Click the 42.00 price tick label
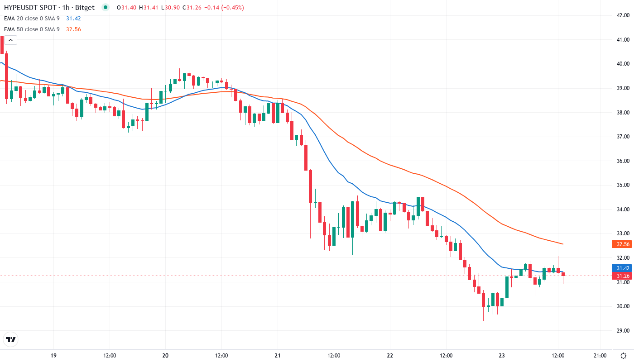click(621, 15)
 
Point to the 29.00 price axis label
click(621, 330)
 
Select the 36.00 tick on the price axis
click(621, 161)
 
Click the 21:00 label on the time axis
click(600, 356)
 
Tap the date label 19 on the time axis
click(53, 356)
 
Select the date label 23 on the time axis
click(502, 356)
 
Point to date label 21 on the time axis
click(278, 356)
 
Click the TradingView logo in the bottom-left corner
click(11, 339)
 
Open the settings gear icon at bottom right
click(624, 356)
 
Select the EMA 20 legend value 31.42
click(73, 19)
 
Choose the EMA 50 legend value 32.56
click(73, 29)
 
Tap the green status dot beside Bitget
click(106, 7)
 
